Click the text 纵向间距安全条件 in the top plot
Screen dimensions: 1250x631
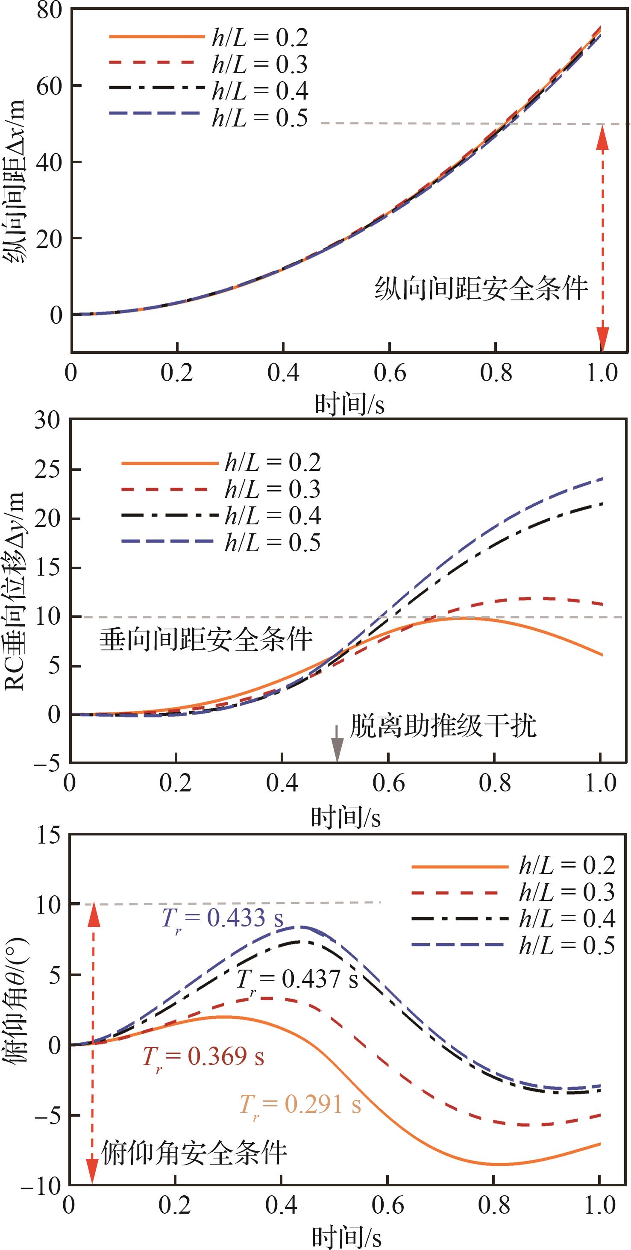pos(481,290)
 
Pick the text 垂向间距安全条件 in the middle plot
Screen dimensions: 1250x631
pos(206,640)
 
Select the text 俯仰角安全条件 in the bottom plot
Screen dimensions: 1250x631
pos(194,1153)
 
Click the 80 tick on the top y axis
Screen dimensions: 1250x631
pos(50,11)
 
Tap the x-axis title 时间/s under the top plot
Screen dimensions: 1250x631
pos(349,404)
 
